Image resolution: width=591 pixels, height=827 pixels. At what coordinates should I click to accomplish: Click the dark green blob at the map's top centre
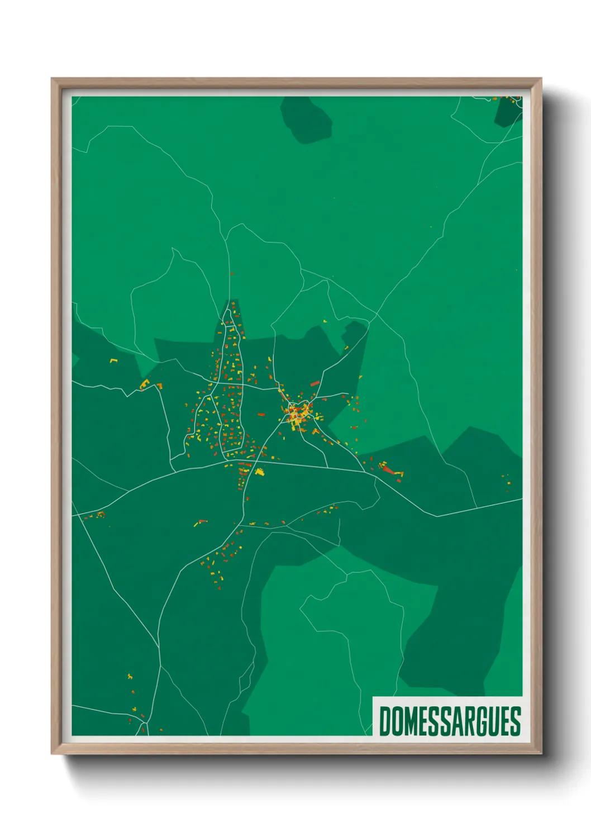[306, 119]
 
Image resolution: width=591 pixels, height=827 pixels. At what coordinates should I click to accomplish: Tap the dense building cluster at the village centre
[297, 413]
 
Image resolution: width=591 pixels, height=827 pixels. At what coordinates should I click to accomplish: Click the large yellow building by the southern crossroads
[259, 472]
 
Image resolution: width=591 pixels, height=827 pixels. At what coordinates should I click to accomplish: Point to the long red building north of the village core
[314, 383]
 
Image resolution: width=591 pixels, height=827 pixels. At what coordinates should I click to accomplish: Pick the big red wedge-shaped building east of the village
[388, 470]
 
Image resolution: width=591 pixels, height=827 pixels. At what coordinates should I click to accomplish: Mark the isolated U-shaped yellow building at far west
[114, 360]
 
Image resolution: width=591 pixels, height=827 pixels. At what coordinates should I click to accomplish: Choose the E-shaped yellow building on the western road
[145, 384]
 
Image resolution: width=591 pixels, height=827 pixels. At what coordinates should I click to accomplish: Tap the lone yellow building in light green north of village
[325, 321]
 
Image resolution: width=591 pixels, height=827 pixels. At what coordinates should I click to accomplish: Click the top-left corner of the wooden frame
[52, 79]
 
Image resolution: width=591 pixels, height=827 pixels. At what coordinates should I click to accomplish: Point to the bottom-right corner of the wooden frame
[541, 753]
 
